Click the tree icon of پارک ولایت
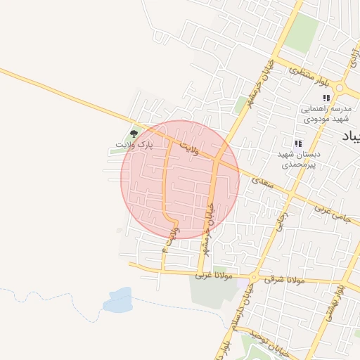(x=134, y=132)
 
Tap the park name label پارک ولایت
(x=134, y=145)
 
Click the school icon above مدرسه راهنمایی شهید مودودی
(x=326, y=98)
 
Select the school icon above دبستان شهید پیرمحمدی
(x=298, y=143)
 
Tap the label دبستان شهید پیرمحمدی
(x=298, y=159)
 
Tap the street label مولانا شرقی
(x=284, y=280)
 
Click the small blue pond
(x=117, y=300)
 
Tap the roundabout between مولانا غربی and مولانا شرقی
(x=254, y=276)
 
